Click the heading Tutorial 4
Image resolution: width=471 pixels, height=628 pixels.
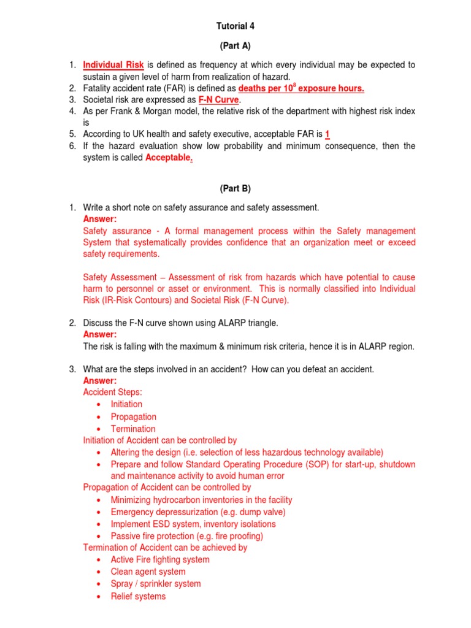[x=235, y=26]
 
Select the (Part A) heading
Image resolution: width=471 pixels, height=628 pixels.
[x=235, y=46]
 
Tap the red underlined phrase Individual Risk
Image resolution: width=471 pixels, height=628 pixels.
[x=113, y=65]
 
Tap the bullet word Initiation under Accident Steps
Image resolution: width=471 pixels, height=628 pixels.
[x=126, y=404]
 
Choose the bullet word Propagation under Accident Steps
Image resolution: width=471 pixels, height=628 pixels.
[x=133, y=416]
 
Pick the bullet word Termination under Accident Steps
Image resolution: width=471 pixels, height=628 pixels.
[x=133, y=429]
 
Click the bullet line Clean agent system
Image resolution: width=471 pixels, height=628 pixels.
[x=148, y=572]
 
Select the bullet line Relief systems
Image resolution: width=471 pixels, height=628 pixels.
[x=138, y=596]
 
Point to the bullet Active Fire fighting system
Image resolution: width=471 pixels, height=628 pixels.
[x=159, y=559]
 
